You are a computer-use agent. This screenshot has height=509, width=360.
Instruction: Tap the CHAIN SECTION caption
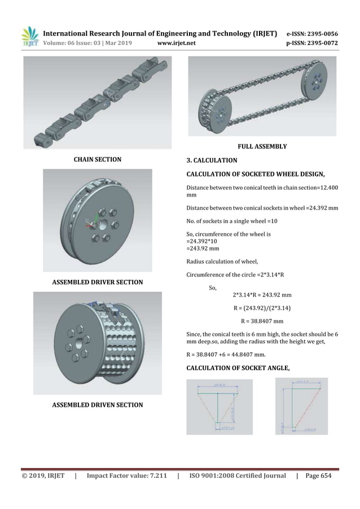point(98,160)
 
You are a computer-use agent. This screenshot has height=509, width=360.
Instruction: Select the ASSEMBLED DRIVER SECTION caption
point(98,282)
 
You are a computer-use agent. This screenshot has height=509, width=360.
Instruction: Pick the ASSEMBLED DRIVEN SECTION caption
point(98,405)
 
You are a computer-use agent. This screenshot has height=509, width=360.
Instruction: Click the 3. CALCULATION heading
point(212,161)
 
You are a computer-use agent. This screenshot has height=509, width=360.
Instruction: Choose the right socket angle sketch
point(301,406)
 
